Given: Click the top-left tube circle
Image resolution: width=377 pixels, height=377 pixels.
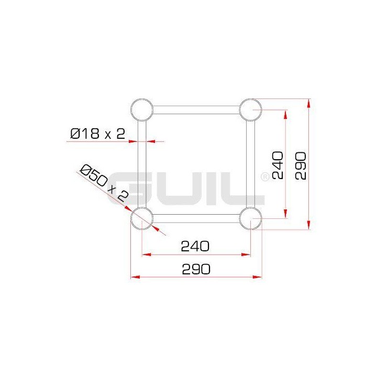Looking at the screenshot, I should click(x=142, y=110).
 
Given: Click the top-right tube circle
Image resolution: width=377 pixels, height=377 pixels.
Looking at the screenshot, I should click(x=250, y=110).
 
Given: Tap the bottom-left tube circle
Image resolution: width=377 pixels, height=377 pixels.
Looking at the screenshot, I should click(x=142, y=219).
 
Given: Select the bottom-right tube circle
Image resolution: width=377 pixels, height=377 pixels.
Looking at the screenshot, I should click(x=250, y=219).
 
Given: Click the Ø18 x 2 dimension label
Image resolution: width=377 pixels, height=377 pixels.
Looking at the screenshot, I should click(x=98, y=134).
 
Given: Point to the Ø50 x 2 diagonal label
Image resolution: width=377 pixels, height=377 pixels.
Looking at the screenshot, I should click(x=103, y=183).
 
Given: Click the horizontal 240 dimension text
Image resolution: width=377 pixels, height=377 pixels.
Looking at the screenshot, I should click(x=195, y=245).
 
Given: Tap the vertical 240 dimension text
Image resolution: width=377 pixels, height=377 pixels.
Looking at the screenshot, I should click(x=278, y=165).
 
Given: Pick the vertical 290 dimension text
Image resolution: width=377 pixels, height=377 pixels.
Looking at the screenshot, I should click(x=301, y=165).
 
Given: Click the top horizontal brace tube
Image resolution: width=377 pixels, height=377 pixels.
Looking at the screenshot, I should click(x=196, y=110).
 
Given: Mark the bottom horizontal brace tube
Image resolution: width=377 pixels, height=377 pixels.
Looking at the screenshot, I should click(x=196, y=219).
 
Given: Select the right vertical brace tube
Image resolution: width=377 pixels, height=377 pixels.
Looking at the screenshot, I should click(x=250, y=164).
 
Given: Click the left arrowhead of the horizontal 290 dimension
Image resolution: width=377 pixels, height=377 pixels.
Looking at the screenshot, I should click(x=134, y=276).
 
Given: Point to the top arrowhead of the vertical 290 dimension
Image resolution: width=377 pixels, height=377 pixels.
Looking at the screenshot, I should click(x=309, y=102).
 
